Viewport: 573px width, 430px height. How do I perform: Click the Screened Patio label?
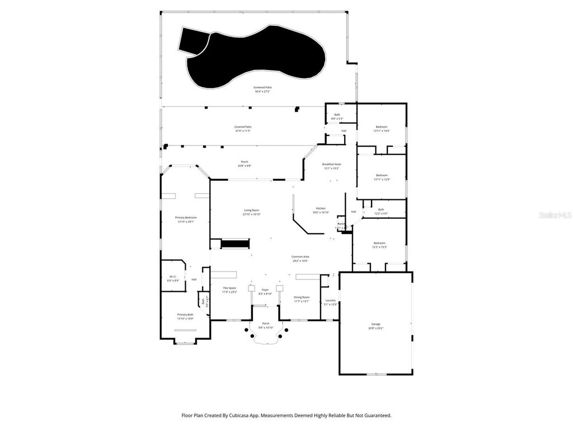(x=262, y=87)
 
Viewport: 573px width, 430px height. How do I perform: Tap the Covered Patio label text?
(x=243, y=127)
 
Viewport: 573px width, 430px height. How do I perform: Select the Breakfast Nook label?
(x=332, y=164)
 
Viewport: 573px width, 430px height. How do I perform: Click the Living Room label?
(x=251, y=210)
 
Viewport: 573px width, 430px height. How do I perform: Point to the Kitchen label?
(x=321, y=208)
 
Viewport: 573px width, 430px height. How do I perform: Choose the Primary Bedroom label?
(x=186, y=217)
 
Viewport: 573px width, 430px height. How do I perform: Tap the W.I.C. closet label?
(x=173, y=277)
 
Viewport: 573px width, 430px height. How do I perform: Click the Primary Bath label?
(x=185, y=315)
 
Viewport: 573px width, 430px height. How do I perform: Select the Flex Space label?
(x=229, y=288)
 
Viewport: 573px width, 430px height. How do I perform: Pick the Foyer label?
(x=265, y=290)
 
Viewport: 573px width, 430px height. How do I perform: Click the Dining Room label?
(x=302, y=297)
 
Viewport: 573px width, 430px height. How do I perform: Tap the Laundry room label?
(x=331, y=300)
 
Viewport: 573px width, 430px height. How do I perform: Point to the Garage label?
(x=375, y=324)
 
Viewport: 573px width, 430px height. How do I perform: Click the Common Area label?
(x=300, y=256)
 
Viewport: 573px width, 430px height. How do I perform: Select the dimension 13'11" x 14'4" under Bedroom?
(x=381, y=131)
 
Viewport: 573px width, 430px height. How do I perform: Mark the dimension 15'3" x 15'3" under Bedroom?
(x=379, y=247)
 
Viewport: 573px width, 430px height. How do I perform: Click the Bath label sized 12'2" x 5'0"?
(x=381, y=209)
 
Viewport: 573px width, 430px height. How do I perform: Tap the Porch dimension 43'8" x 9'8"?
(x=245, y=166)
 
